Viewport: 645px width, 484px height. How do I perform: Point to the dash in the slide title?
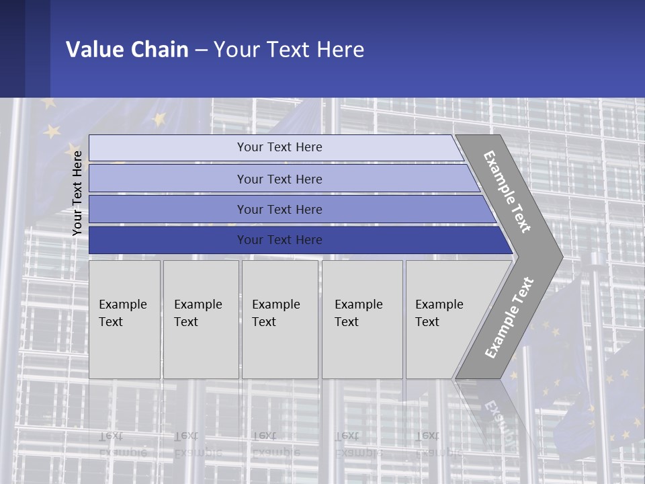[x=201, y=50]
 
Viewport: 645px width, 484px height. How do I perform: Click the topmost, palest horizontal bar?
[x=279, y=147]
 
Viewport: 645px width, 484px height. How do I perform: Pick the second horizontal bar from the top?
[x=279, y=179]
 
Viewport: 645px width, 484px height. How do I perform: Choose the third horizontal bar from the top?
[x=279, y=209]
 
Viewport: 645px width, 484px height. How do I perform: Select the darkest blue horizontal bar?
[x=279, y=240]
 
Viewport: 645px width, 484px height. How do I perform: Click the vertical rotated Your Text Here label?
[x=77, y=193]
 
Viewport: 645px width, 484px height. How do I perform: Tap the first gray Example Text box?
[x=124, y=319]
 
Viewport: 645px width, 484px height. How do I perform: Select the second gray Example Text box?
[x=200, y=319]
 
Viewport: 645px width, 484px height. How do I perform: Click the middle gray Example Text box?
[x=279, y=319]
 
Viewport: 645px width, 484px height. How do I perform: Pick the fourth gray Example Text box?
[x=361, y=319]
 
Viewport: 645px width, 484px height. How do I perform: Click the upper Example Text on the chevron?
[x=507, y=192]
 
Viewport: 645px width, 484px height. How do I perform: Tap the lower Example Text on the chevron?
[x=509, y=318]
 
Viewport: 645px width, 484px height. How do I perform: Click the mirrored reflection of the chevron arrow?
[x=497, y=417]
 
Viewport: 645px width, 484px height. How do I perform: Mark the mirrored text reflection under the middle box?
[x=275, y=444]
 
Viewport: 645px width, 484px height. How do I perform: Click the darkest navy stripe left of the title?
[x=12, y=48]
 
